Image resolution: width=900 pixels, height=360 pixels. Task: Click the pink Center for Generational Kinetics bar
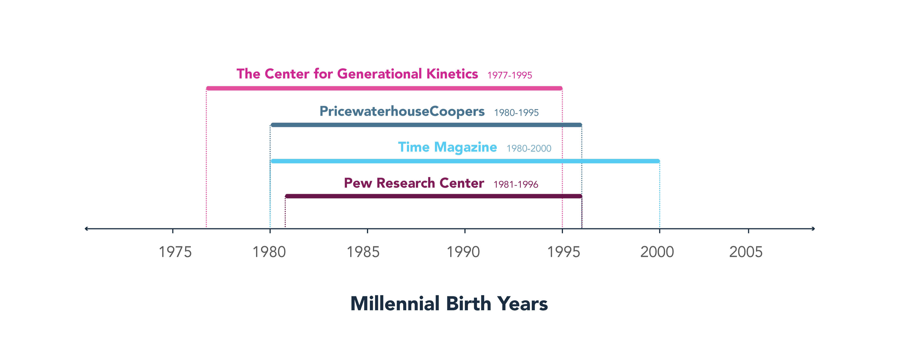(x=384, y=88)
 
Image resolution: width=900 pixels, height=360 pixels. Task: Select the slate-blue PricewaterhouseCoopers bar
(x=426, y=125)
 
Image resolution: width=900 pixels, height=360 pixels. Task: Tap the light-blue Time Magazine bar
(x=465, y=161)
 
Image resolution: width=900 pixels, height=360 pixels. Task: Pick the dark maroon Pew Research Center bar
(x=434, y=196)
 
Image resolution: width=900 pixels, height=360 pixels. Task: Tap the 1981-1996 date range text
(x=516, y=184)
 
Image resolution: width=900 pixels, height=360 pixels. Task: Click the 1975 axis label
(x=175, y=252)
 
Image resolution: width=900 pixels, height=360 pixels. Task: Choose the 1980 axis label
(x=269, y=252)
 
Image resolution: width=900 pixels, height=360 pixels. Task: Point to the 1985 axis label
(x=363, y=252)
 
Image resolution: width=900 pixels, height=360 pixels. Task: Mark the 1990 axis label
(x=463, y=252)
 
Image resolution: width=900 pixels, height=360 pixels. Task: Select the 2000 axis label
(x=657, y=252)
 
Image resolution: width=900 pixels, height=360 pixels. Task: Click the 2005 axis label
(x=746, y=252)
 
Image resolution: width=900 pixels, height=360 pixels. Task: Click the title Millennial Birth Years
(x=449, y=303)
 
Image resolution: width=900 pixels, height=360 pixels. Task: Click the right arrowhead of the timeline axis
(x=813, y=229)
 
